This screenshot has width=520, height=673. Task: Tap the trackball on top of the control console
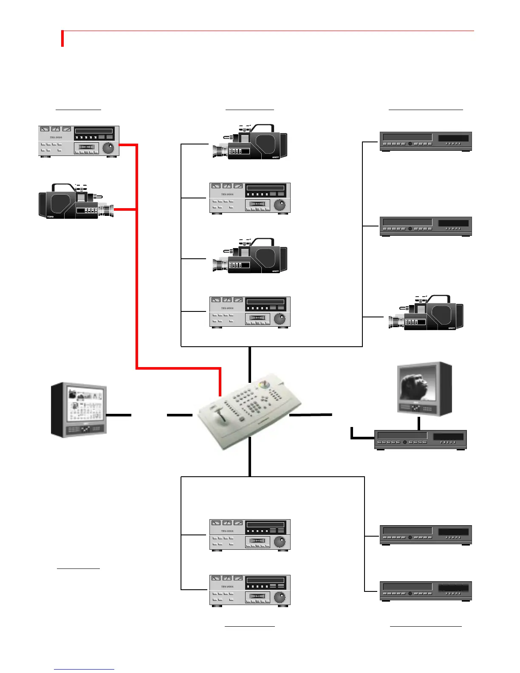tap(264, 384)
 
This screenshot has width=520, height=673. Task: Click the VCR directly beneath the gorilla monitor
tap(421, 440)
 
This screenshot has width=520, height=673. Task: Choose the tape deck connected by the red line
tap(79, 141)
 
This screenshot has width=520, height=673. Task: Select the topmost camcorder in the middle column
tap(251, 142)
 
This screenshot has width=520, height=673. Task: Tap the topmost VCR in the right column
tap(425, 141)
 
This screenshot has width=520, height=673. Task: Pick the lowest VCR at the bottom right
tap(425, 591)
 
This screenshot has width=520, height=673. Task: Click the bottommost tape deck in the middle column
tap(250, 591)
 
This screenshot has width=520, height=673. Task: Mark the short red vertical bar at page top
tap(62, 39)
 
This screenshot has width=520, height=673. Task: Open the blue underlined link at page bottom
tap(84, 669)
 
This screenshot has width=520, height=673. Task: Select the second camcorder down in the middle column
tap(251, 256)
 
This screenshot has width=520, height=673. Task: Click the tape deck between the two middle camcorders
tap(250, 198)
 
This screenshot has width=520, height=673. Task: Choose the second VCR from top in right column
tap(425, 226)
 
